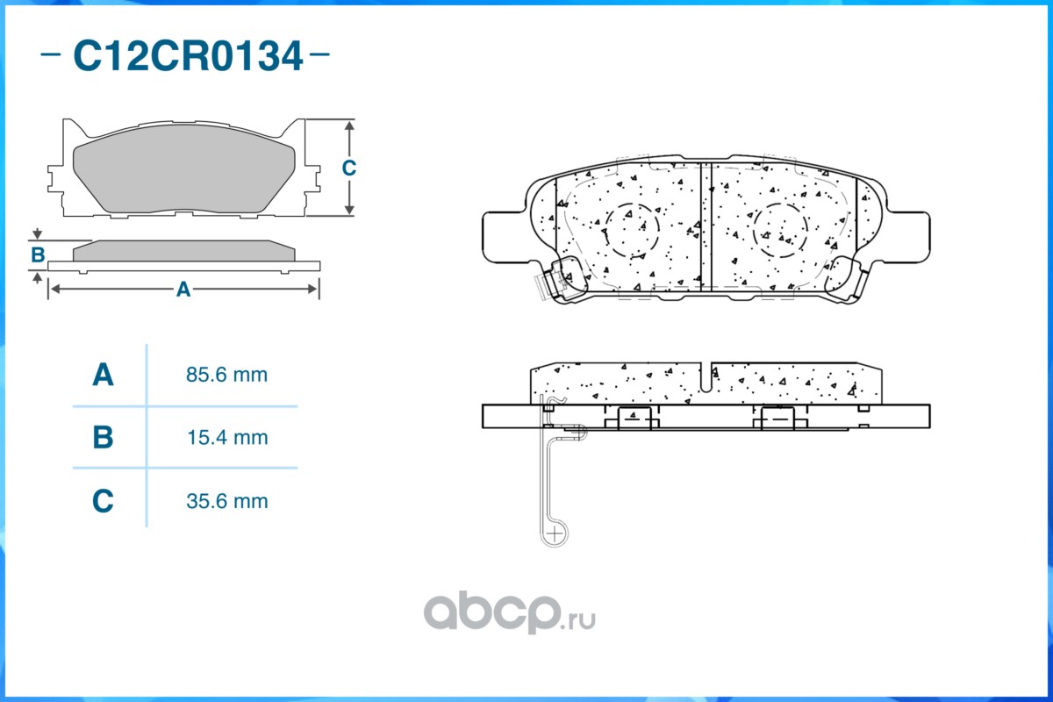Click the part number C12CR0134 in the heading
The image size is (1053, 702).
[x=188, y=56]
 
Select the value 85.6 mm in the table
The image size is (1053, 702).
[x=226, y=375]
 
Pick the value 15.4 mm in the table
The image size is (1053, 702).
[x=227, y=437]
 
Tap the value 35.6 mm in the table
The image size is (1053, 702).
[x=227, y=501]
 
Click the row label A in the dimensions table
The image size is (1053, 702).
[x=103, y=375]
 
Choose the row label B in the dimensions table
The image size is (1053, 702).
[x=103, y=437]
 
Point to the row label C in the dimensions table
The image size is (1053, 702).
[x=103, y=501]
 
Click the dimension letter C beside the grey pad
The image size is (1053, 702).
[x=349, y=168]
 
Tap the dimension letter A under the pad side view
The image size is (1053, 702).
[x=183, y=290]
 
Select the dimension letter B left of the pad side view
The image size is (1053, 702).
[x=38, y=254]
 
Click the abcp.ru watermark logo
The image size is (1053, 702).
[x=510, y=612]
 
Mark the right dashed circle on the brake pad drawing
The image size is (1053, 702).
[x=753, y=231]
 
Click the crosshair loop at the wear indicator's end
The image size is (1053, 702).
[x=555, y=534]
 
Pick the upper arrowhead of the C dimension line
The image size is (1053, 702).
[x=349, y=125]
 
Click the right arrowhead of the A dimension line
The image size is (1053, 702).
[x=312, y=289]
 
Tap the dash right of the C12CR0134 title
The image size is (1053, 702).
[x=319, y=54]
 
